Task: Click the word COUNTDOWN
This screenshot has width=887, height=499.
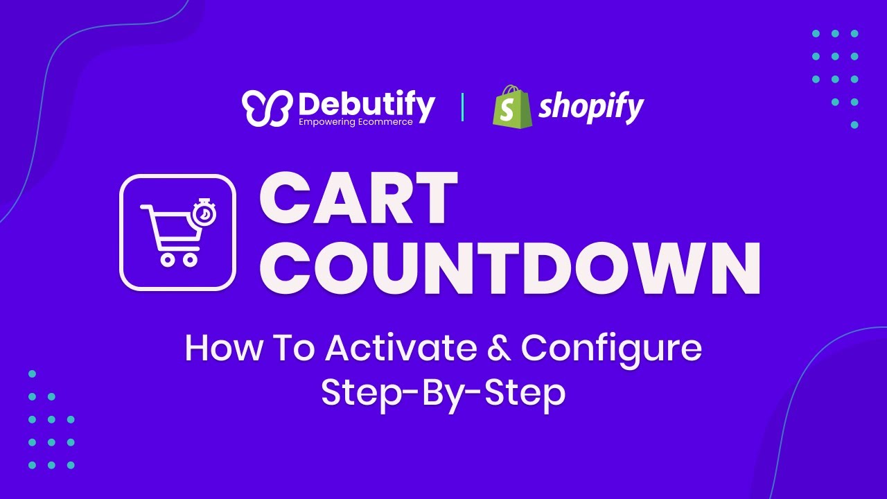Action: click(x=510, y=268)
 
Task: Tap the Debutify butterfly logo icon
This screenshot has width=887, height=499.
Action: click(x=266, y=109)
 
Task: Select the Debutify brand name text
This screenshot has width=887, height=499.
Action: click(x=367, y=105)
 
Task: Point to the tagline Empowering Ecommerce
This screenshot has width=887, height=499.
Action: click(x=355, y=122)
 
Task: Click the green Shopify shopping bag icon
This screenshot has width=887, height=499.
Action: click(x=512, y=107)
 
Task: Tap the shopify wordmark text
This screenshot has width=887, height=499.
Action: click(x=591, y=107)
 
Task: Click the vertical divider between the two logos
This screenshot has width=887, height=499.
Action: click(x=462, y=107)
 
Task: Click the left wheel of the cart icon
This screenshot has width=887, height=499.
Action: click(x=167, y=259)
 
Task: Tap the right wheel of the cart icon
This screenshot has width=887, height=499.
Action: click(x=189, y=259)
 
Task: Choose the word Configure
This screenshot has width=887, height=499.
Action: click(x=611, y=349)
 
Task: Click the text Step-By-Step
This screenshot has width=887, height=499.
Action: click(x=443, y=392)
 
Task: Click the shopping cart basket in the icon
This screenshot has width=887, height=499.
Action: click(x=173, y=229)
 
